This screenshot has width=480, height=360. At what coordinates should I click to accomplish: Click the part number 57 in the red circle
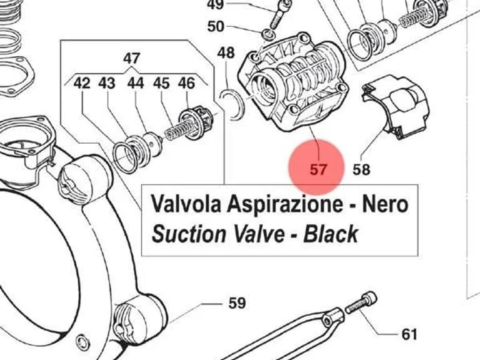click(x=318, y=169)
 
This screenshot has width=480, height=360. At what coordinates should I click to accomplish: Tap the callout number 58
click(x=361, y=169)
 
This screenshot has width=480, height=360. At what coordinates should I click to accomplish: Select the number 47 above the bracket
click(x=132, y=58)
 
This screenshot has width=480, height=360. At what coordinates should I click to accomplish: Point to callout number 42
click(x=82, y=83)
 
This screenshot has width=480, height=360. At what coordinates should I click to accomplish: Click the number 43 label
click(x=107, y=83)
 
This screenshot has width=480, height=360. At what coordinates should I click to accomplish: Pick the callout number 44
click(x=136, y=83)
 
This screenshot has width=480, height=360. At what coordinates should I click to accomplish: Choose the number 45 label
click(x=161, y=83)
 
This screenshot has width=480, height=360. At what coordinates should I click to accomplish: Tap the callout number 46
click(x=186, y=83)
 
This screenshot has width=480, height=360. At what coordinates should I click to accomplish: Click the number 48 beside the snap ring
click(x=226, y=53)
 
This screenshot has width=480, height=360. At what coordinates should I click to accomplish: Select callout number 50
click(x=216, y=27)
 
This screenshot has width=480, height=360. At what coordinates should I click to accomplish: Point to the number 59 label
click(x=237, y=303)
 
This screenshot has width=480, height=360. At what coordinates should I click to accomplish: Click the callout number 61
click(x=409, y=334)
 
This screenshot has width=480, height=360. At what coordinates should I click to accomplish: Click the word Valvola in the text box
click(x=186, y=204)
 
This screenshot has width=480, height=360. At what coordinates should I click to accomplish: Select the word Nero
click(x=385, y=204)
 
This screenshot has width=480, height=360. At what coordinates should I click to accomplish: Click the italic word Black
click(x=331, y=234)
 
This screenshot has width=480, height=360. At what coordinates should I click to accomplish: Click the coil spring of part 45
click(x=179, y=130)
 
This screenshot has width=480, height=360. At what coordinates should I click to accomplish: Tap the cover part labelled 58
click(x=396, y=107)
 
